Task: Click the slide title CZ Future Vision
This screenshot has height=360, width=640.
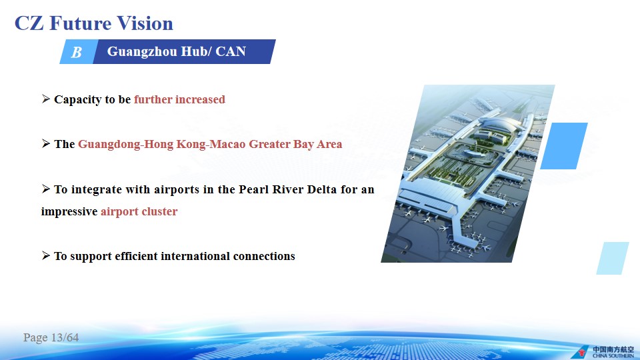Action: point(94,23)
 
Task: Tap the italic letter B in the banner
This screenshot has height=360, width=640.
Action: point(76,52)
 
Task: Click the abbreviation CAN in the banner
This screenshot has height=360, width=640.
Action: point(231,51)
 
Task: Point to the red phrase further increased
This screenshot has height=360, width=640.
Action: point(179,99)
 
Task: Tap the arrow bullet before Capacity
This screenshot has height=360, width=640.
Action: point(46,99)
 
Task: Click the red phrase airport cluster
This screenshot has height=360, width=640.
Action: point(139,211)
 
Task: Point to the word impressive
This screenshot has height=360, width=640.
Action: point(69,211)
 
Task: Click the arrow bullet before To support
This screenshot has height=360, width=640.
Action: point(46,255)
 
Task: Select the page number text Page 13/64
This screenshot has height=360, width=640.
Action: point(51,337)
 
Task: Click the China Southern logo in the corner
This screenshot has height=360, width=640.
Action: point(603,352)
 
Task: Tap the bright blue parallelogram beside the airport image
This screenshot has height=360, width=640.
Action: point(564,146)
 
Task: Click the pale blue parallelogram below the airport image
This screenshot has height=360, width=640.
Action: point(613,258)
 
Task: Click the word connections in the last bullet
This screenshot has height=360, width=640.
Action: point(264,256)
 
